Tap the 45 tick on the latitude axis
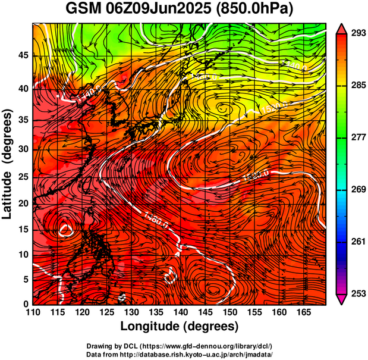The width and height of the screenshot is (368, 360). [x=22, y=55]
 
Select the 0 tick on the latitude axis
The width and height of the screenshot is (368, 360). [x=26, y=304]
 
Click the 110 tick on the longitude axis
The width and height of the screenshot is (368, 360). [x=33, y=312]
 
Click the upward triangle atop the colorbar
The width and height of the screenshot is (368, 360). [x=341, y=27]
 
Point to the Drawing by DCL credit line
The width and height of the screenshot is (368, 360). [x=180, y=346]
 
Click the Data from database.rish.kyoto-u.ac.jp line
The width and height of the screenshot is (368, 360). [x=180, y=353]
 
